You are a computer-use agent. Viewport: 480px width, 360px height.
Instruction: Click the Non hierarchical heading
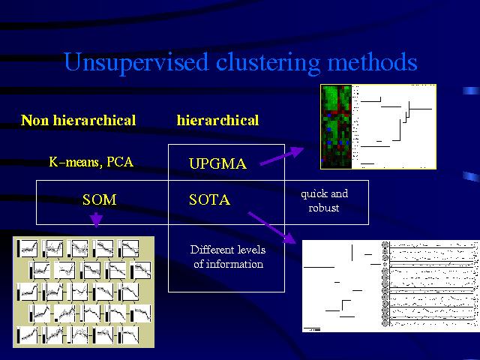[79, 120]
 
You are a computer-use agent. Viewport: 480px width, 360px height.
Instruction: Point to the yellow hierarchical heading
[217, 120]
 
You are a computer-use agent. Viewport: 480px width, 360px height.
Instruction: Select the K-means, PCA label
[91, 161]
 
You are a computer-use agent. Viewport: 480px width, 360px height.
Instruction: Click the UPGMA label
[217, 163]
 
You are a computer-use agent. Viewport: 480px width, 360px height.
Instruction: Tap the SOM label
[100, 199]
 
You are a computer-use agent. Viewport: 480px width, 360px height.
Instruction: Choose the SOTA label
[209, 199]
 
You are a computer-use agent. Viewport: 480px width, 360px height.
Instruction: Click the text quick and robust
[324, 200]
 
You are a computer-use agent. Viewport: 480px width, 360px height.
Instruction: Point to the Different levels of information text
[226, 256]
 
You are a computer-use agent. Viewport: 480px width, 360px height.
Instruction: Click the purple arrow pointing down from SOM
[96, 218]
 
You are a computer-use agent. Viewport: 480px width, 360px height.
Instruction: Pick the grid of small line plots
[83, 292]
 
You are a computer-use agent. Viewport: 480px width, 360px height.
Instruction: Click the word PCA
[120, 161]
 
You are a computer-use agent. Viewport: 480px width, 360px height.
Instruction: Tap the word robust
[324, 208]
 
